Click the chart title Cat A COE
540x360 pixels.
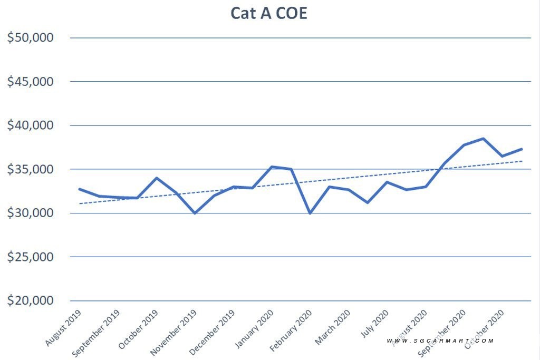(268, 13)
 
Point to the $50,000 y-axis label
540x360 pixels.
(30, 37)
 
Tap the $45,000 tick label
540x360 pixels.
(30, 82)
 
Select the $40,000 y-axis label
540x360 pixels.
(30, 125)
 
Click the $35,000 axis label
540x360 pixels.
(30, 169)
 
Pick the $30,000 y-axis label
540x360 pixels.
(30, 213)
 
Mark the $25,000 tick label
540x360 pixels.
(30, 257)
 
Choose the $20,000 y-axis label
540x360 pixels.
(30, 300)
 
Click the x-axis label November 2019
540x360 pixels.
(173, 332)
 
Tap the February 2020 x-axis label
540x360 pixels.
(291, 330)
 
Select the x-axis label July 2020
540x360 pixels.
(374, 324)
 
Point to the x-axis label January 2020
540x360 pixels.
(254, 329)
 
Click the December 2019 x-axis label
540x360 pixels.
(212, 332)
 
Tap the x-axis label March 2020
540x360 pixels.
(332, 327)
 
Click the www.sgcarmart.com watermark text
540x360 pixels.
(440, 340)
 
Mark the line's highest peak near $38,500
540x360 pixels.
(483, 139)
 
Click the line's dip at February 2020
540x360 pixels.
(310, 213)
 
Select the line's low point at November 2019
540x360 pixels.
(195, 213)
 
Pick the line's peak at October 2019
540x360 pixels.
(156, 178)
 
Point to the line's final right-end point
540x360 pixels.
(522, 149)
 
